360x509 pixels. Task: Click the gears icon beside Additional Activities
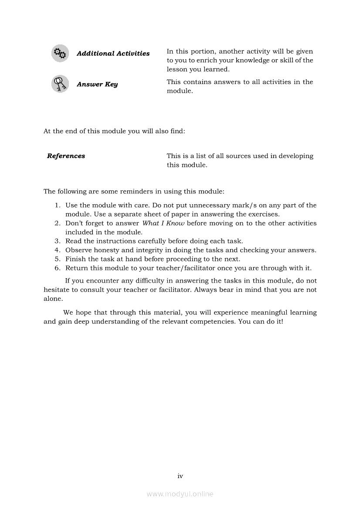click(60, 54)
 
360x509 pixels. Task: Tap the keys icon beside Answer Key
click(60, 84)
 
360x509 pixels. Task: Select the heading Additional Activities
click(113, 54)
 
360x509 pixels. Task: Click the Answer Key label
click(97, 84)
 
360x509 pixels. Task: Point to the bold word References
click(66, 156)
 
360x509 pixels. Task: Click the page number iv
click(180, 476)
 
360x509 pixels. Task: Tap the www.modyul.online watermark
click(180, 494)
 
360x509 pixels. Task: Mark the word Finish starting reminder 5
click(75, 259)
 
